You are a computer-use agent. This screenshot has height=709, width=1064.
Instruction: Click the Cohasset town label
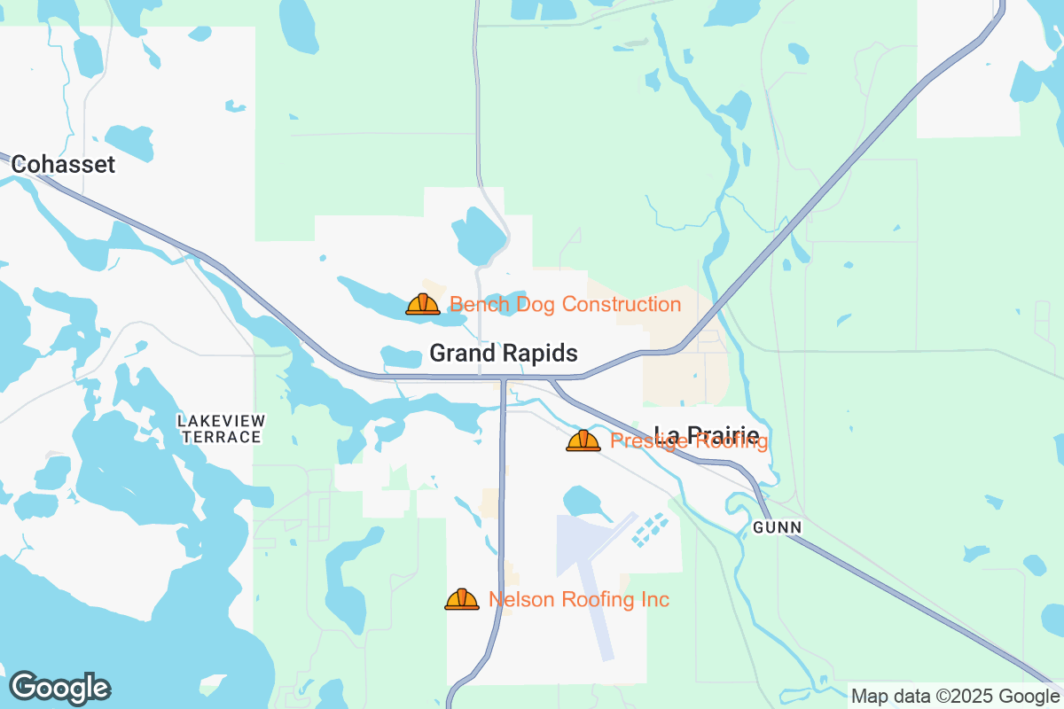pyautogui.click(x=63, y=165)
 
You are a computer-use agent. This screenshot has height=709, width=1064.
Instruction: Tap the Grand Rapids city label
pyautogui.click(x=503, y=354)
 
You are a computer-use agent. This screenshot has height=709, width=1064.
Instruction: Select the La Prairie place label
pyautogui.click(x=706, y=435)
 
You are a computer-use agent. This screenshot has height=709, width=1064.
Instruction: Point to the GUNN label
pyautogui.click(x=777, y=527)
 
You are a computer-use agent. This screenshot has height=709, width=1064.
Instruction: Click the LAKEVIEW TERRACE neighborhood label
pyautogui.click(x=221, y=428)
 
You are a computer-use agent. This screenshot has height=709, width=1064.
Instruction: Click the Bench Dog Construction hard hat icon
pyautogui.click(x=423, y=305)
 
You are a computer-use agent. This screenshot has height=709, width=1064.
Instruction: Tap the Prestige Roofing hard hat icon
pyautogui.click(x=583, y=440)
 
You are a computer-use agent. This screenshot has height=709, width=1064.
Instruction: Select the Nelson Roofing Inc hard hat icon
pyautogui.click(x=461, y=600)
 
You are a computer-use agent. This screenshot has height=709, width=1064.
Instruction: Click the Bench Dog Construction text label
pyautogui.click(x=565, y=305)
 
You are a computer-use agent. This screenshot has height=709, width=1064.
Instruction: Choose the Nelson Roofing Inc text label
pyautogui.click(x=578, y=600)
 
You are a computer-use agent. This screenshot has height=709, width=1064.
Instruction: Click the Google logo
pyautogui.click(x=59, y=688)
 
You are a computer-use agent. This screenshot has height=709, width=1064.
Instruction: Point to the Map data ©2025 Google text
pyautogui.click(x=956, y=696)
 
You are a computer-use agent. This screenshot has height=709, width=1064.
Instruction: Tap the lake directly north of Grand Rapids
pyautogui.click(x=478, y=235)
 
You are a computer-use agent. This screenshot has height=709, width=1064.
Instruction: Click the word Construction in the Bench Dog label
pyautogui.click(x=622, y=305)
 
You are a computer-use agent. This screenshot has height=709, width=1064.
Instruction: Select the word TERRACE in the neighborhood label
pyautogui.click(x=221, y=437)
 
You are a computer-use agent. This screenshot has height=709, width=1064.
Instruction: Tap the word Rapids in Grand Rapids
pyautogui.click(x=540, y=354)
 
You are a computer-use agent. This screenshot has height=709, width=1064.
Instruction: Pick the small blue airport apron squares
pyautogui.click(x=651, y=529)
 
